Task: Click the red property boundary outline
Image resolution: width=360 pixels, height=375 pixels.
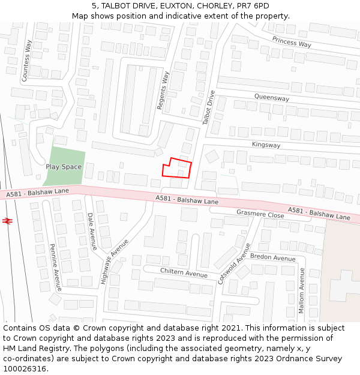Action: pos(177,169)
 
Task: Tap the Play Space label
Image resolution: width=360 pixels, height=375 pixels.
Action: pos(64,167)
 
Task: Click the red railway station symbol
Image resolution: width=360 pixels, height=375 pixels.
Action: pos(8,221)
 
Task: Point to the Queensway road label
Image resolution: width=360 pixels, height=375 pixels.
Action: pos(271,98)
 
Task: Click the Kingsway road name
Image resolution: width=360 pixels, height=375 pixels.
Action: pos(266,145)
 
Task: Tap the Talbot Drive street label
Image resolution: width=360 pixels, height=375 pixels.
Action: pos(208,107)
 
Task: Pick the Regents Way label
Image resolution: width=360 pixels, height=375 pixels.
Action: pos(163,91)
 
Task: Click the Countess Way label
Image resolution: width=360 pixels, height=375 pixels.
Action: pos(26,61)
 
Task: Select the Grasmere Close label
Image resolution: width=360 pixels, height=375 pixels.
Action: pos(260,214)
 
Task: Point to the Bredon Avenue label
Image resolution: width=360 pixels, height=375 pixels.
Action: pos(273,257)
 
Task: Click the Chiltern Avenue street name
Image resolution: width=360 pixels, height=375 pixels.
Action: pos(184,272)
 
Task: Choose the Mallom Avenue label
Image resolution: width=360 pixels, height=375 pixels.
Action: pos(301,290)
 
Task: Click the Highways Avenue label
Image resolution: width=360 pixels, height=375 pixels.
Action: pos(115,262)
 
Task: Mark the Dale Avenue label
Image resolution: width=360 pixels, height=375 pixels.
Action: pos(92,231)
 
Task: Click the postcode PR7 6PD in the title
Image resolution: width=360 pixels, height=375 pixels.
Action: pos(252,6)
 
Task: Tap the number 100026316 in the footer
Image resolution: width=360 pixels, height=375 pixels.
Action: pos(25,368)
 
